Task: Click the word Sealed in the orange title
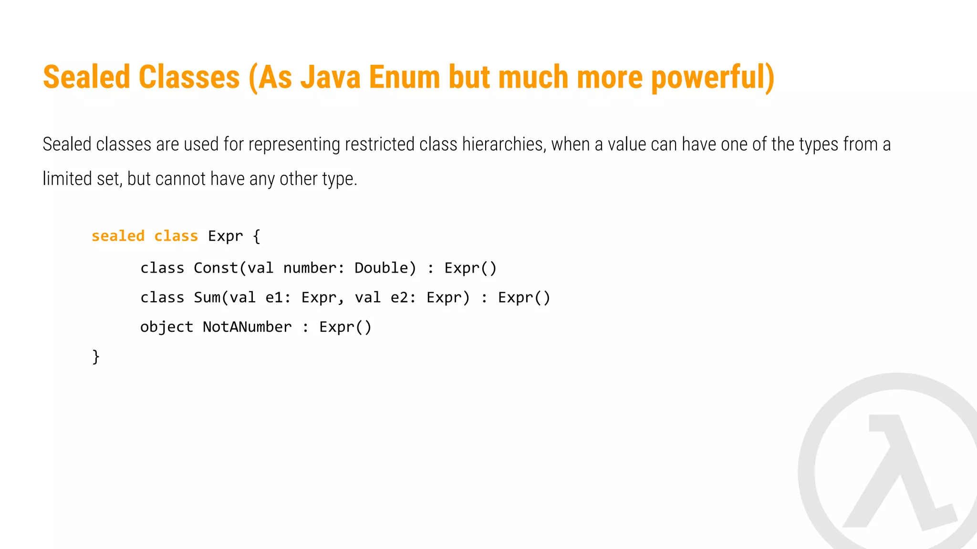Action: pyautogui.click(x=86, y=77)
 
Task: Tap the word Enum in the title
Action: pyautogui.click(x=404, y=77)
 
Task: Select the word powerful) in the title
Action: pyautogui.click(x=713, y=77)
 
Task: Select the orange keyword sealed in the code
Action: pyautogui.click(x=118, y=236)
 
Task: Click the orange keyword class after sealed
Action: pyautogui.click(x=176, y=236)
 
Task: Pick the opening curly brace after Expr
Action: pyautogui.click(x=256, y=236)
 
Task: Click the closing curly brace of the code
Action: pyautogui.click(x=96, y=356)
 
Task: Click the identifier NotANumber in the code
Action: pyautogui.click(x=247, y=327)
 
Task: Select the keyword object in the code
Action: pyautogui.click(x=166, y=327)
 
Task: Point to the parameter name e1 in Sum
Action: pyautogui.click(x=275, y=298)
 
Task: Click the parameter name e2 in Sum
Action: pyautogui.click(x=400, y=298)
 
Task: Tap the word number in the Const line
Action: pyautogui.click(x=311, y=268)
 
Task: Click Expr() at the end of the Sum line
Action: pyautogui.click(x=524, y=298)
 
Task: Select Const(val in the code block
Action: pyautogui.click(x=233, y=268)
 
